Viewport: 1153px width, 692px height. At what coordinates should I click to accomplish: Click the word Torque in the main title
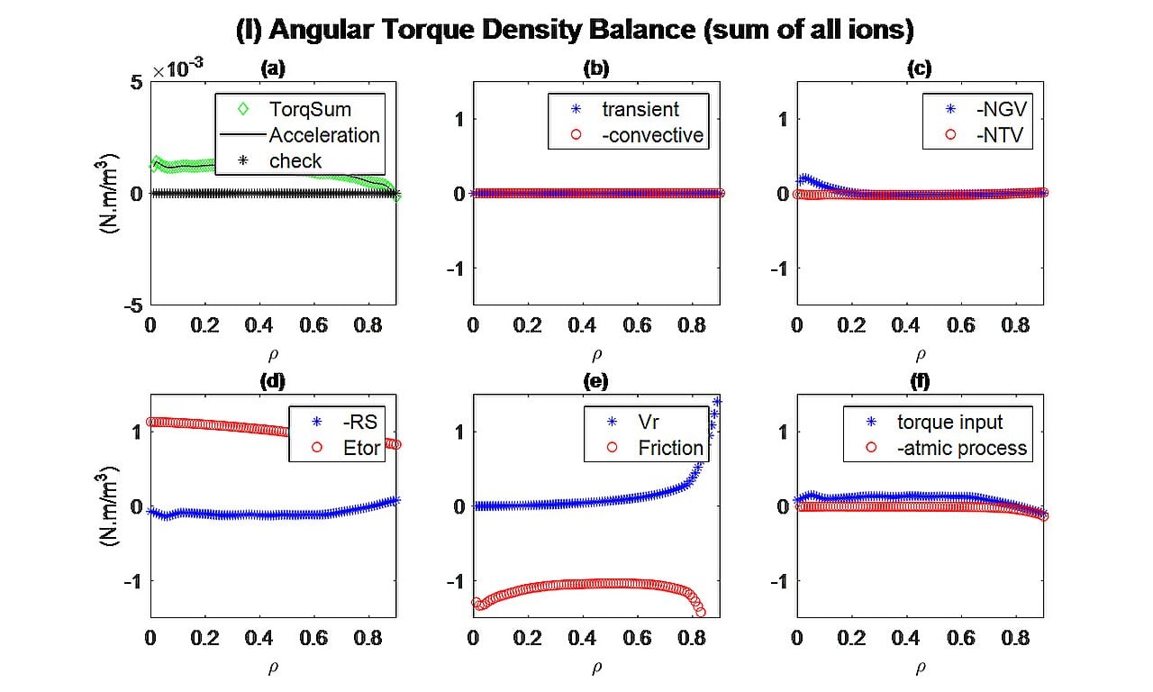(x=438, y=31)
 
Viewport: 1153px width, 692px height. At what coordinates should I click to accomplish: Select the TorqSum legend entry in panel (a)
(x=310, y=110)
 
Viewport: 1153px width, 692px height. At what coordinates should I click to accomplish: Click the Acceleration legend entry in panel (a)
(x=323, y=135)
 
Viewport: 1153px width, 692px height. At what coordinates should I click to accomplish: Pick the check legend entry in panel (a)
(x=295, y=161)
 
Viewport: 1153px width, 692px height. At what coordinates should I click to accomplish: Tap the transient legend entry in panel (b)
(x=640, y=110)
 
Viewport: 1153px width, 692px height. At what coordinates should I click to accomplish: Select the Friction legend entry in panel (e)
(x=670, y=448)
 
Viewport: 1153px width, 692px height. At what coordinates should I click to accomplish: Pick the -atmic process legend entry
(x=961, y=448)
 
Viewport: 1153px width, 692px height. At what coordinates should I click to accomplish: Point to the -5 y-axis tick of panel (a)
(x=132, y=306)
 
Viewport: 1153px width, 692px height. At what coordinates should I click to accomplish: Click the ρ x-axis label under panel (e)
(x=596, y=669)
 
